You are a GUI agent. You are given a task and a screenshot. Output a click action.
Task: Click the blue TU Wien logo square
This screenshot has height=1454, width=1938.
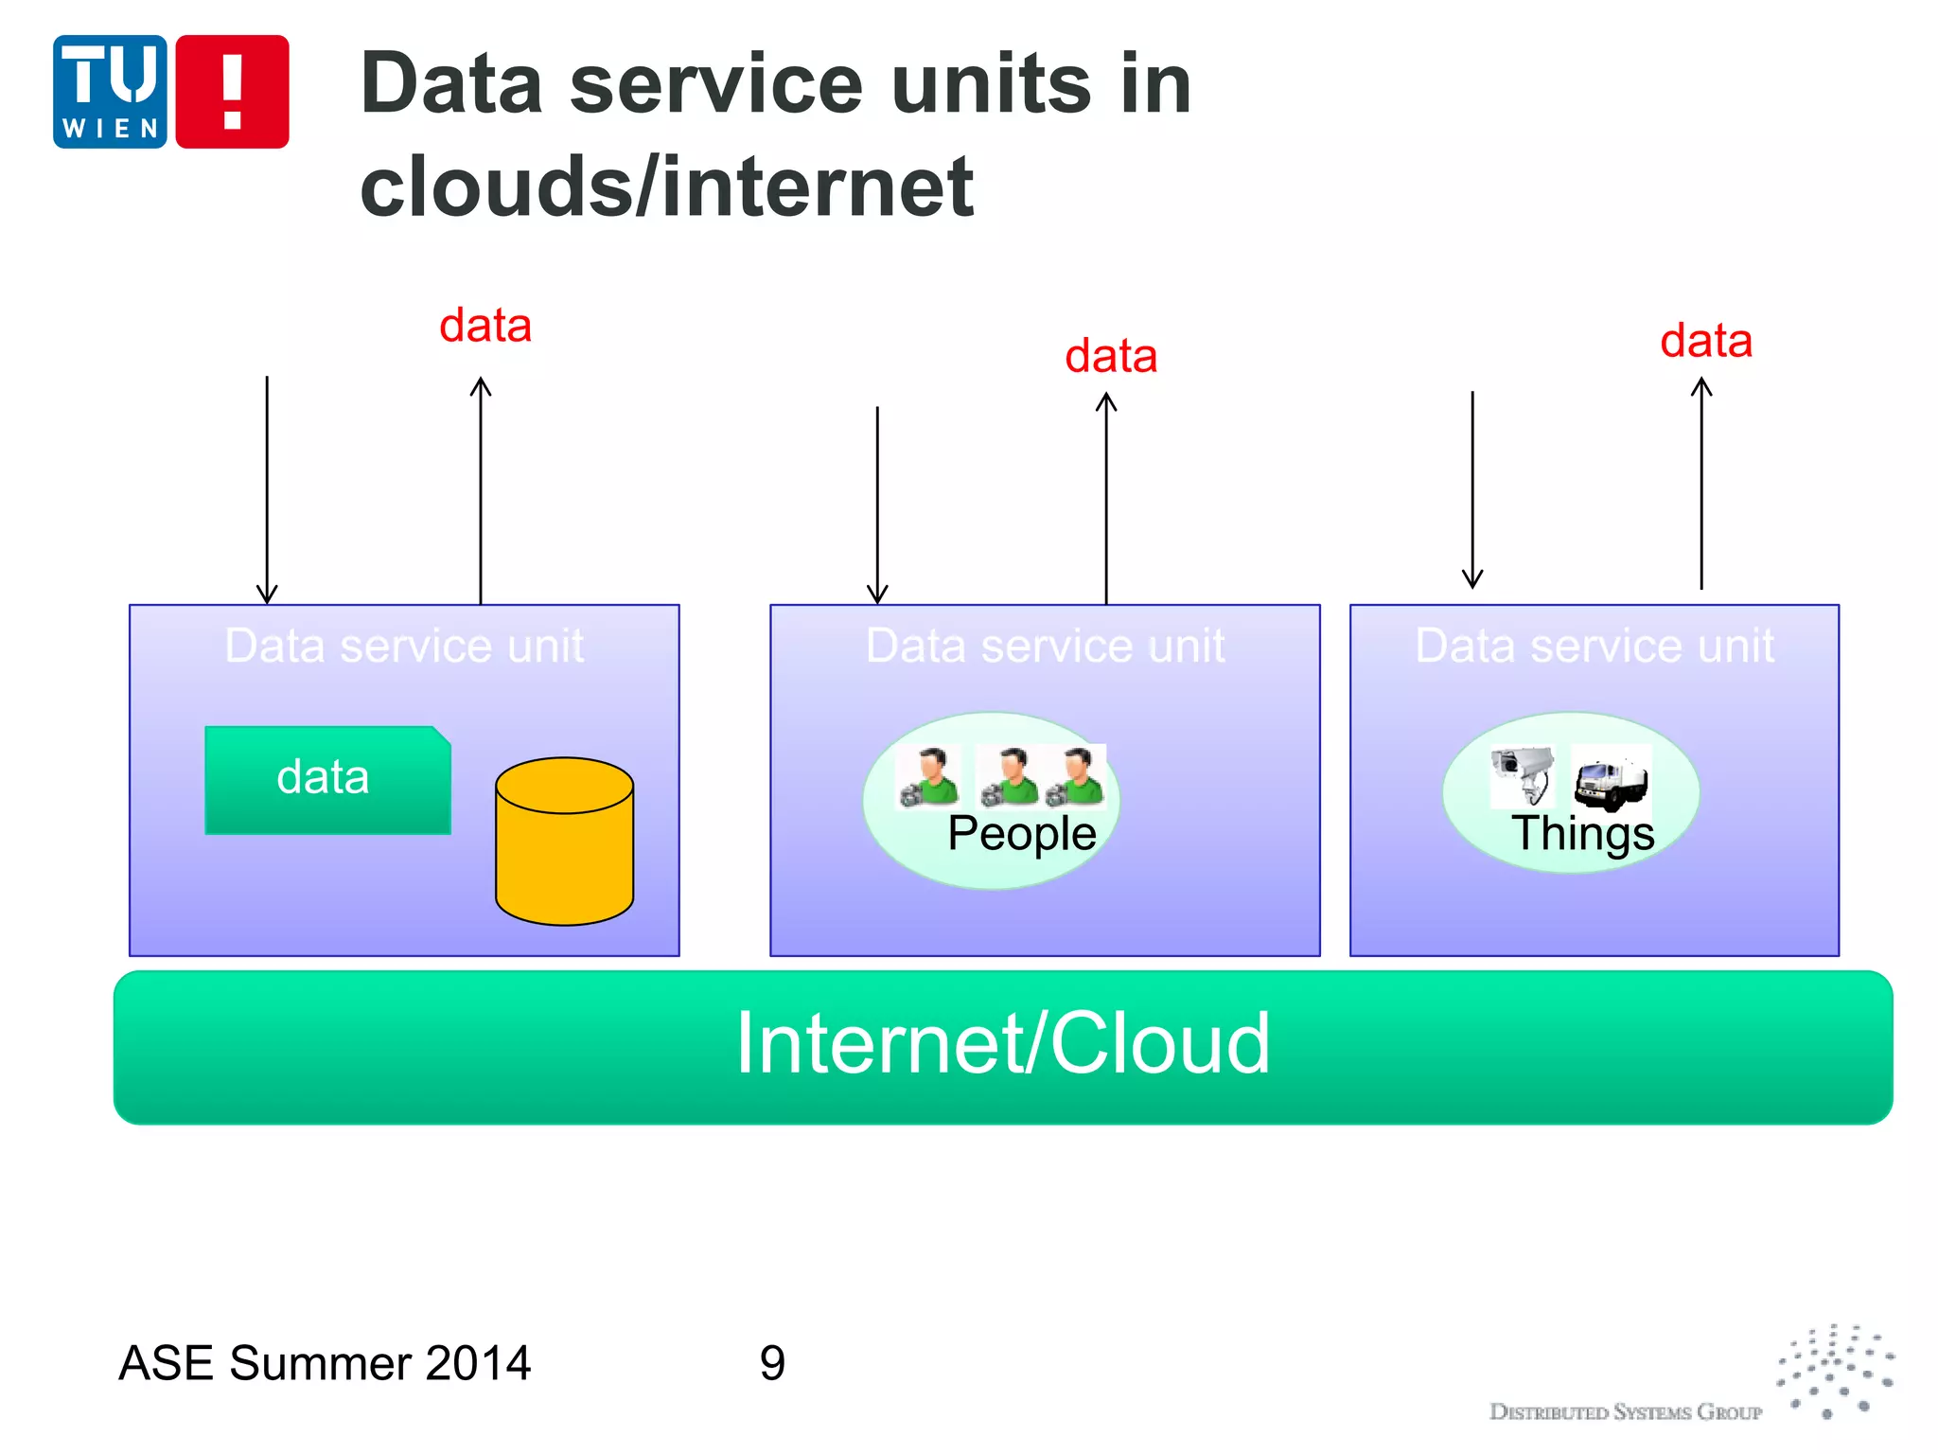click(110, 92)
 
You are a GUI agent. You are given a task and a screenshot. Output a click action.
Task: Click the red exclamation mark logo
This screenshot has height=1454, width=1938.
click(232, 92)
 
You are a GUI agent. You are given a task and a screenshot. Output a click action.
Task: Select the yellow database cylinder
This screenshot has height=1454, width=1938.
click(564, 842)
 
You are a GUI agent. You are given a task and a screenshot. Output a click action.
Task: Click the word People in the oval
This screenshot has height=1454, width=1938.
click(1021, 834)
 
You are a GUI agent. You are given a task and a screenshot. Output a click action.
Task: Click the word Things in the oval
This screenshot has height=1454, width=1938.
click(1582, 834)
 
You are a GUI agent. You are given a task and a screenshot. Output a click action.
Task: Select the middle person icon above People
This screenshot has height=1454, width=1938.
click(1009, 776)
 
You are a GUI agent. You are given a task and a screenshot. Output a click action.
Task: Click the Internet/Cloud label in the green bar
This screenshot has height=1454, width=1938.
click(1003, 1043)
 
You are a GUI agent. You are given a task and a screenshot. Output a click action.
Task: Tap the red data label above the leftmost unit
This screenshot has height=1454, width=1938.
click(485, 326)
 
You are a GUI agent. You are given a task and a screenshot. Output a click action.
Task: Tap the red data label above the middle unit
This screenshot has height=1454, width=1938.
click(1111, 357)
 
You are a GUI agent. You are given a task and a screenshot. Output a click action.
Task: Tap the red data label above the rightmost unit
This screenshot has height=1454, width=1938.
click(1706, 341)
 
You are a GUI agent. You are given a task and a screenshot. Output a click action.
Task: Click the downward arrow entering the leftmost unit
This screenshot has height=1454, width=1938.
click(267, 492)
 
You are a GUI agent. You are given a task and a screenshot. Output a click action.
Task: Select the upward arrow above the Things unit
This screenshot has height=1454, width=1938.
click(1701, 483)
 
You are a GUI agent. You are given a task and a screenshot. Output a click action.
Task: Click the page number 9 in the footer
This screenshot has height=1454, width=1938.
click(772, 1363)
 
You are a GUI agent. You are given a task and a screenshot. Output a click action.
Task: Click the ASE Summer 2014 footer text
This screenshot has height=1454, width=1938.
click(325, 1363)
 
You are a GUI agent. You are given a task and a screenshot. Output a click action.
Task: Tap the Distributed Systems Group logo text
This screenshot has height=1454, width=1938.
click(1625, 1412)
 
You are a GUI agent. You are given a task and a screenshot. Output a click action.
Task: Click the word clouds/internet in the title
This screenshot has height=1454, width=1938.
click(666, 186)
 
